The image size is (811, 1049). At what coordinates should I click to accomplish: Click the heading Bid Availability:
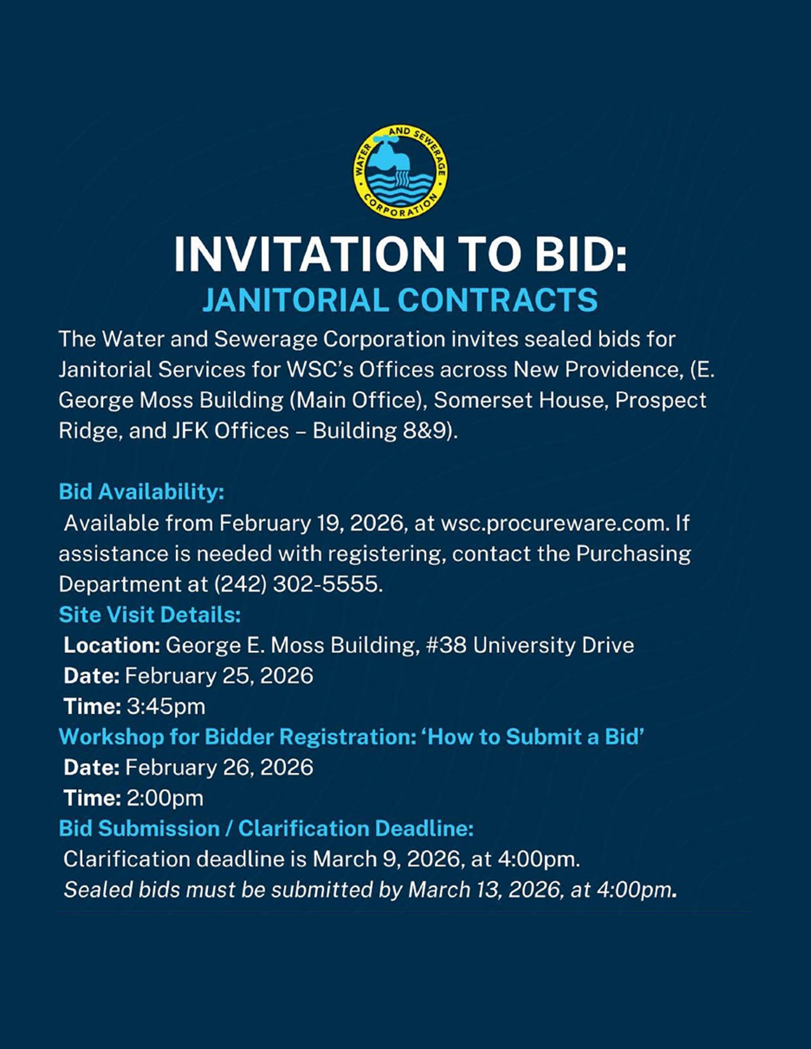coord(141,491)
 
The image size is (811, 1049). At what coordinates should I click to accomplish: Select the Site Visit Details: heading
coord(149,615)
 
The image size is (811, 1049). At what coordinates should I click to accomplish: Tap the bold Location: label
coord(112,645)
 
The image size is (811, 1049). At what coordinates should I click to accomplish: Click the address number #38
coord(446,645)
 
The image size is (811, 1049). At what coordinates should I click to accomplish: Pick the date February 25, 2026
coord(219,676)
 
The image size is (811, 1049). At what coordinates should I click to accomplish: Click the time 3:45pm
coord(166,706)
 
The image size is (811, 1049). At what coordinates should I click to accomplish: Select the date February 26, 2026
coord(219,767)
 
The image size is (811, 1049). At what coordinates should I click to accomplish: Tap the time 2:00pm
coord(165,798)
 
